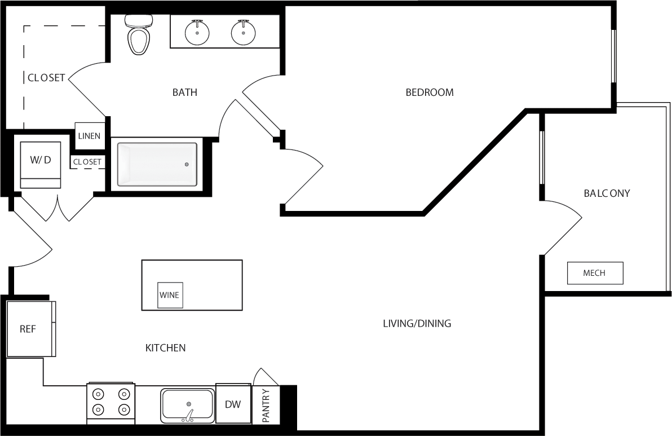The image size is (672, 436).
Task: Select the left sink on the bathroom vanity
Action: [197, 33]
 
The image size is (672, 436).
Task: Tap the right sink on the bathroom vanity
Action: [243, 33]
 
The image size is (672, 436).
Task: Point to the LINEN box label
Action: [90, 136]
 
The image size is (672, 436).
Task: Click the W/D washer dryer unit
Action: [40, 164]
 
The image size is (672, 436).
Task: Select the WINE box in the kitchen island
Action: [170, 295]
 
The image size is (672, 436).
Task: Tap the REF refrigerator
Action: [29, 329]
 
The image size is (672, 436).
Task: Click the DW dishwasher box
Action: [233, 404]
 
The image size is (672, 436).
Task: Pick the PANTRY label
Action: [266, 405]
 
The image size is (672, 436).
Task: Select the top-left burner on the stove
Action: [98, 395]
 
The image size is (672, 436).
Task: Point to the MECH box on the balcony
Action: [595, 273]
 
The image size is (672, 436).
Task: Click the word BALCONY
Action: [607, 193]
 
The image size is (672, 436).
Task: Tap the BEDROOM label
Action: [430, 93]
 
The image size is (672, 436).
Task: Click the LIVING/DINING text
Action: [417, 324]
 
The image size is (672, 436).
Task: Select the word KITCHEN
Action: [165, 348]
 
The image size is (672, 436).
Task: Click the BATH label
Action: [185, 93]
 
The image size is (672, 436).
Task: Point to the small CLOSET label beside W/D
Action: [87, 162]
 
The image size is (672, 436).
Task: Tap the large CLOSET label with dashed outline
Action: [46, 78]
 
